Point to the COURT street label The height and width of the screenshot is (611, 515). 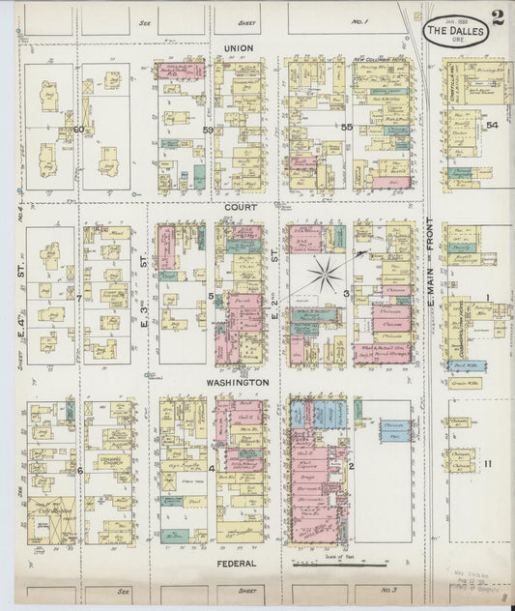(x=238, y=207)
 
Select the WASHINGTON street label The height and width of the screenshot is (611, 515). (x=236, y=382)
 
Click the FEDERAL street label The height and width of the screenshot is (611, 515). (x=237, y=562)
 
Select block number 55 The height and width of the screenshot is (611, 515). (x=346, y=128)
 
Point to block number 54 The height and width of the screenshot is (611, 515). (x=491, y=126)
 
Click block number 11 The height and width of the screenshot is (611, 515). (x=489, y=463)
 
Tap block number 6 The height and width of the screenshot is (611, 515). (x=79, y=470)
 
